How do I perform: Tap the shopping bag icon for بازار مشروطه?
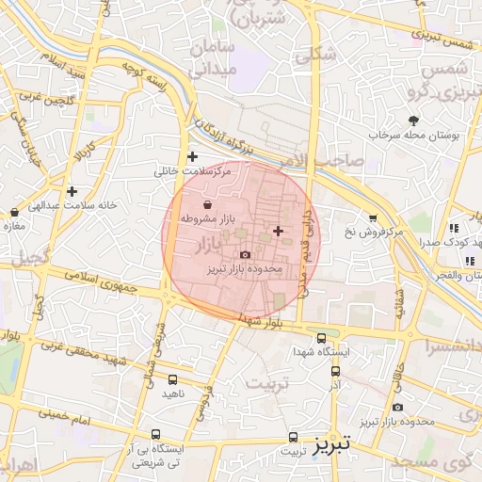[207, 204]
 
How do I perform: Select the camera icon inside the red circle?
[246, 254]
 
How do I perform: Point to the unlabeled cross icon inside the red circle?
[277, 231]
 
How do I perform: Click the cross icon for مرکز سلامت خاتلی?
[193, 156]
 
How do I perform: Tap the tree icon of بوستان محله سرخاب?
[413, 120]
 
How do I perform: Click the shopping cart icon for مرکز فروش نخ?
[373, 217]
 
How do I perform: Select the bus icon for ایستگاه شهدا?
[321, 338]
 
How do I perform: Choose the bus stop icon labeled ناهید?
[171, 379]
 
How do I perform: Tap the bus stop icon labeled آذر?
[334, 373]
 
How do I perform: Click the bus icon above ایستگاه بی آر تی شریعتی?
[155, 435]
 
